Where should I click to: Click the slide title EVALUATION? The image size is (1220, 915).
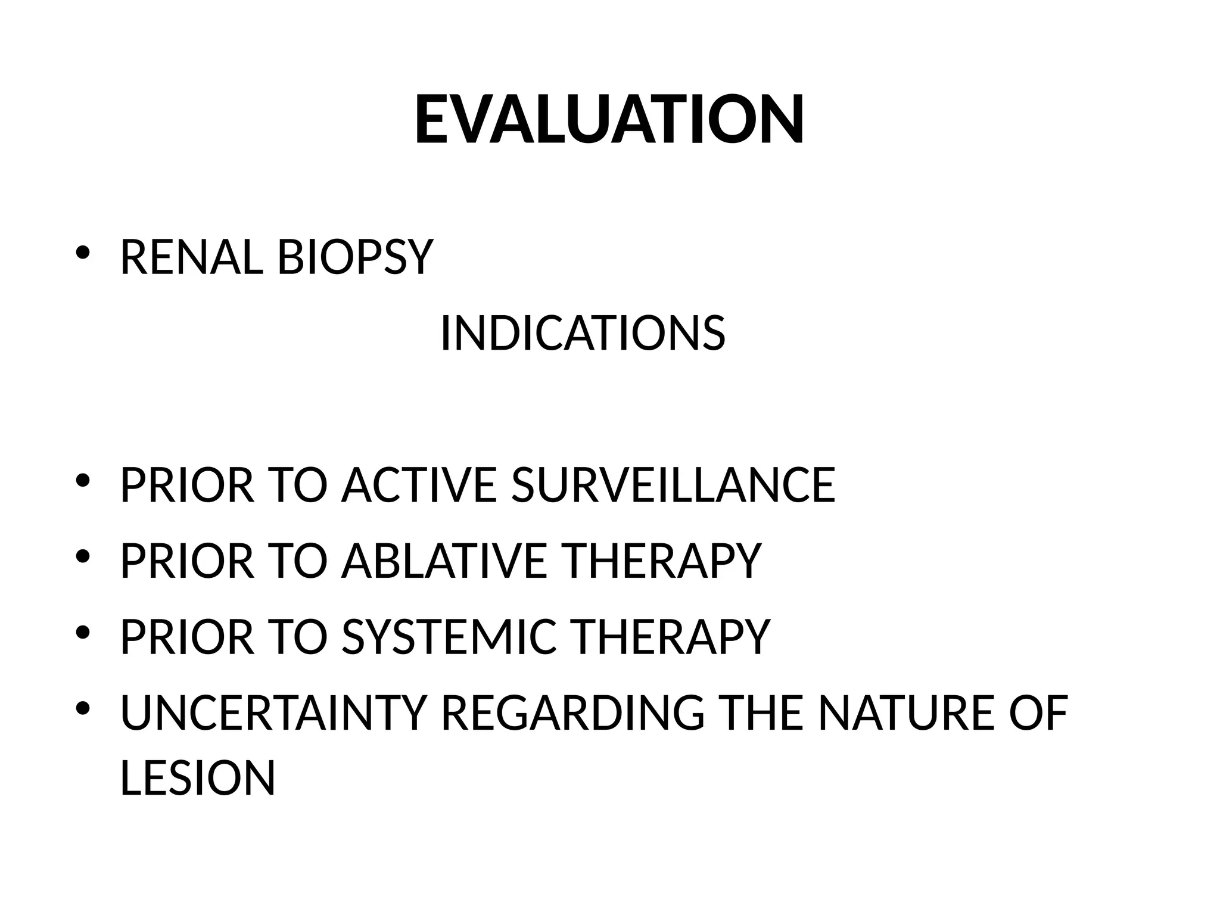click(609, 120)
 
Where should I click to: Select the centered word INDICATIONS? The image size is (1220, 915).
click(583, 334)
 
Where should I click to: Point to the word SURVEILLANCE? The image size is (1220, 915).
click(673, 485)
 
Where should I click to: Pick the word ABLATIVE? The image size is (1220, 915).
click(444, 561)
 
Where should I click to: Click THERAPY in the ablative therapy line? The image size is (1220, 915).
click(661, 561)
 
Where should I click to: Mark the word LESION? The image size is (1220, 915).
click(198, 777)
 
